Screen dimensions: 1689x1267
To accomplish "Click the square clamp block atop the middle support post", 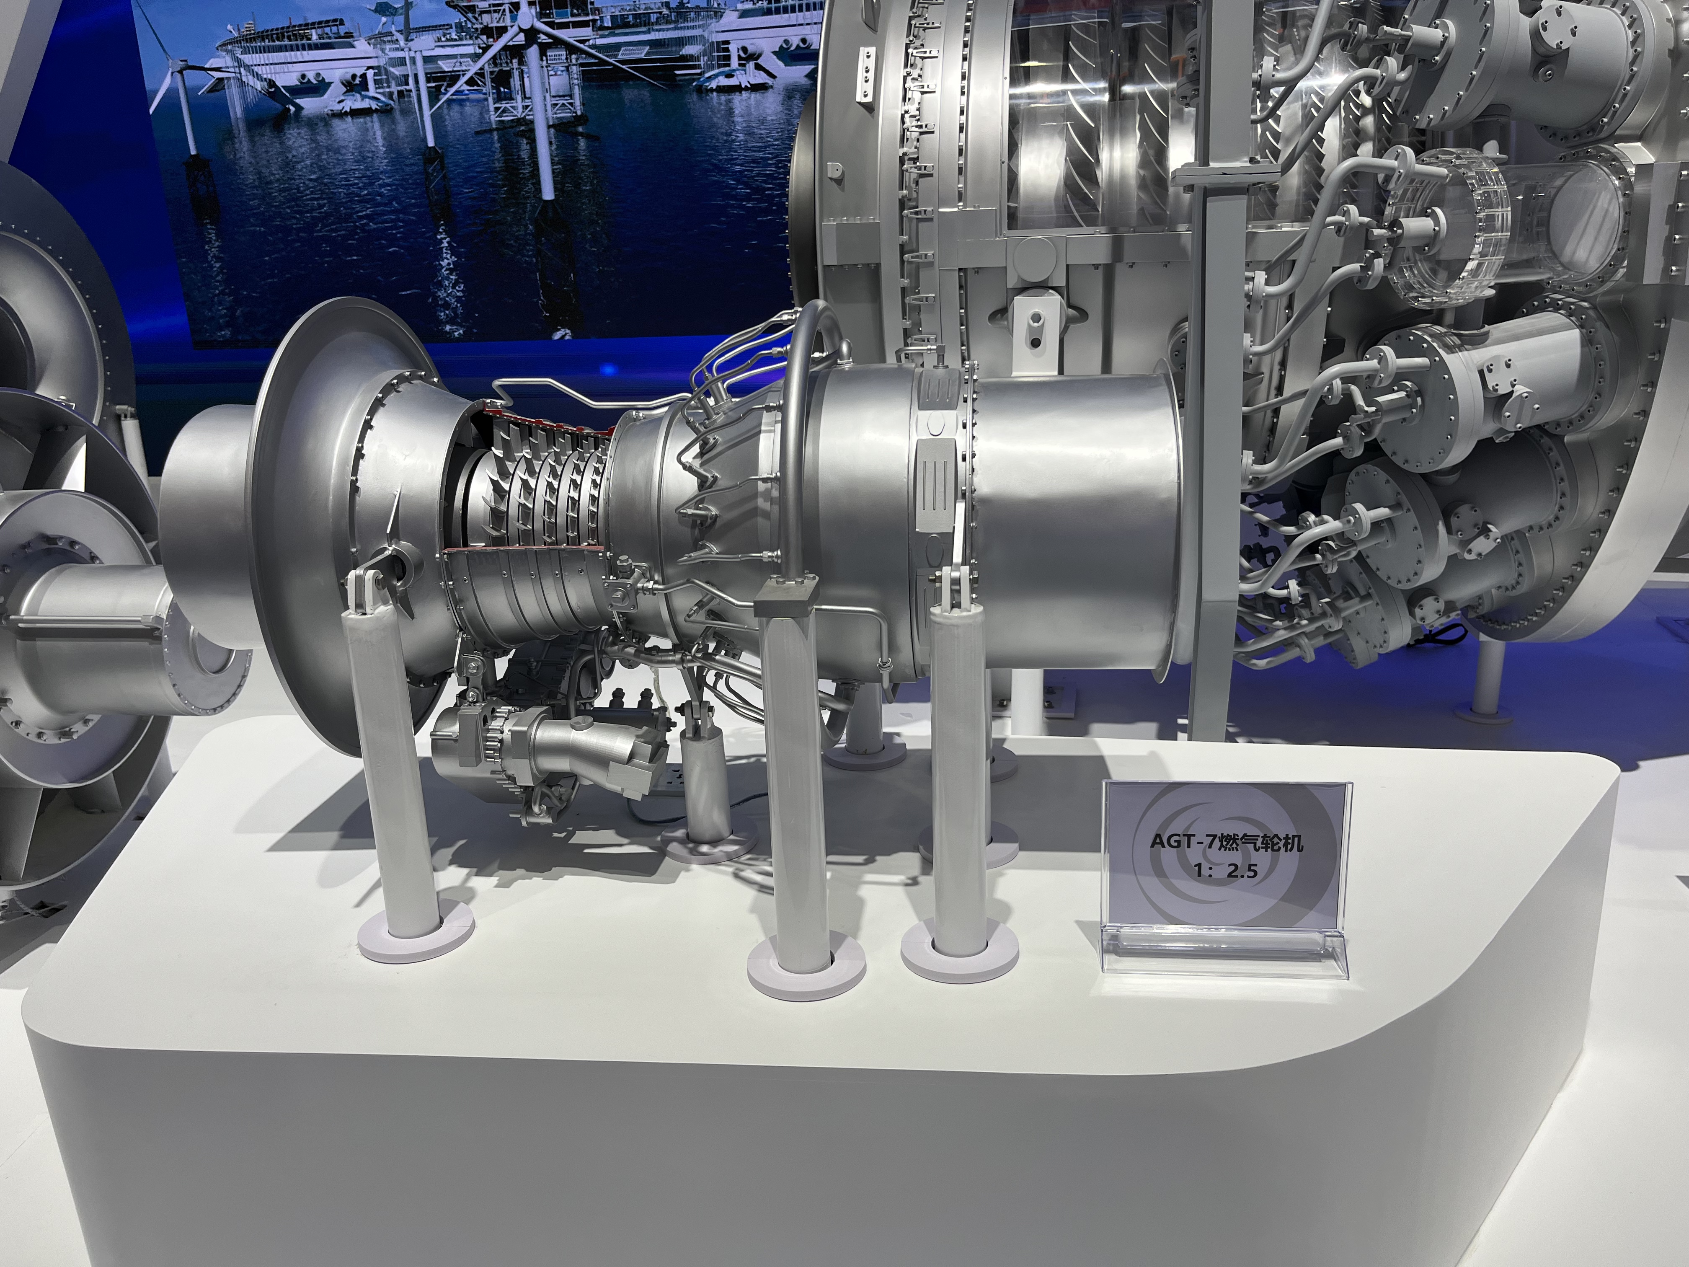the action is pos(786,598).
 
